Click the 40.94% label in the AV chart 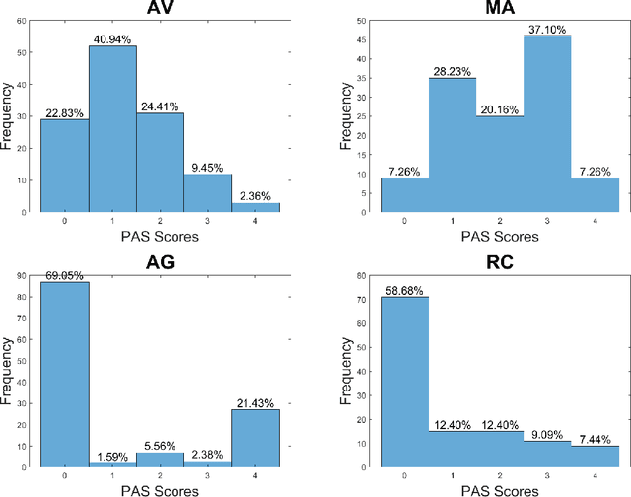point(112,37)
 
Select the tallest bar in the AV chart point(112,128)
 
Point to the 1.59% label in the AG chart point(111,457)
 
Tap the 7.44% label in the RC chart point(596,439)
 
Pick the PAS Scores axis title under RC point(500,489)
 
